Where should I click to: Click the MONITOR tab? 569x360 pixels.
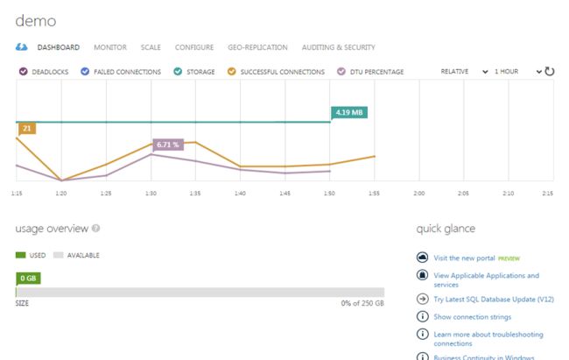(x=109, y=47)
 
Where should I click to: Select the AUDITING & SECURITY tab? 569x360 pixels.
(x=338, y=47)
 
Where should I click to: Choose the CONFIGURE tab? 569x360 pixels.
(x=194, y=47)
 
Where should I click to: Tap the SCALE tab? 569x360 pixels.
(x=151, y=47)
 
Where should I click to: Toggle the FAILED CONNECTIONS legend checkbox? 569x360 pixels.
(x=86, y=72)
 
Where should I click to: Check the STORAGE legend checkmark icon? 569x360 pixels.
(x=178, y=72)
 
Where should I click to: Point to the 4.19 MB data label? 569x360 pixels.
(x=348, y=112)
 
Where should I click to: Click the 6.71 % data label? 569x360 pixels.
(x=168, y=144)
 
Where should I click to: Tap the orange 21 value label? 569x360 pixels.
(x=26, y=129)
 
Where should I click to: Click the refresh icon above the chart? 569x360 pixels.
(x=551, y=71)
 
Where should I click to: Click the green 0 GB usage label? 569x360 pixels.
(x=28, y=279)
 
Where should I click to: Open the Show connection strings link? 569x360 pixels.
(x=473, y=317)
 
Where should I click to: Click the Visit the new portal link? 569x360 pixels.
(x=464, y=258)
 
